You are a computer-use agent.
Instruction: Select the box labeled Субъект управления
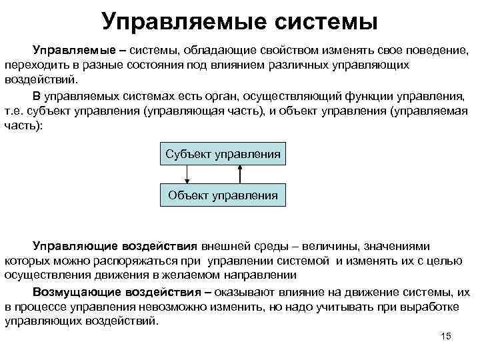[x=223, y=155]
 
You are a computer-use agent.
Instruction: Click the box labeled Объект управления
[x=223, y=195]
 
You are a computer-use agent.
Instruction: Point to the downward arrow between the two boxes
[x=187, y=174]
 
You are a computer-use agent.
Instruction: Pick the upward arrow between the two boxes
[x=239, y=174]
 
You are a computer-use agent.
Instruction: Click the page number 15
[x=447, y=335]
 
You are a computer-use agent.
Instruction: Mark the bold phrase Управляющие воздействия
[x=115, y=246]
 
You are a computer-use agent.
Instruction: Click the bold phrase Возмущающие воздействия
[x=118, y=292]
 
